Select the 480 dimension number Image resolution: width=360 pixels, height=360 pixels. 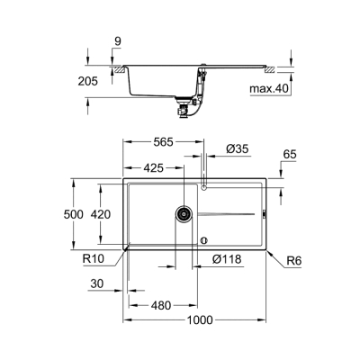point(159,305)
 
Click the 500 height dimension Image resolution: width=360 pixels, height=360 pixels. point(82,213)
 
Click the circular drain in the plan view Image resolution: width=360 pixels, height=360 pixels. point(183,214)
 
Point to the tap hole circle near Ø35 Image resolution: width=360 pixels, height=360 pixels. point(204,187)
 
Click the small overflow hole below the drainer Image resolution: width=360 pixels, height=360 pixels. point(204,239)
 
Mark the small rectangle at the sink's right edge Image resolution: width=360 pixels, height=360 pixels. point(265,214)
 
